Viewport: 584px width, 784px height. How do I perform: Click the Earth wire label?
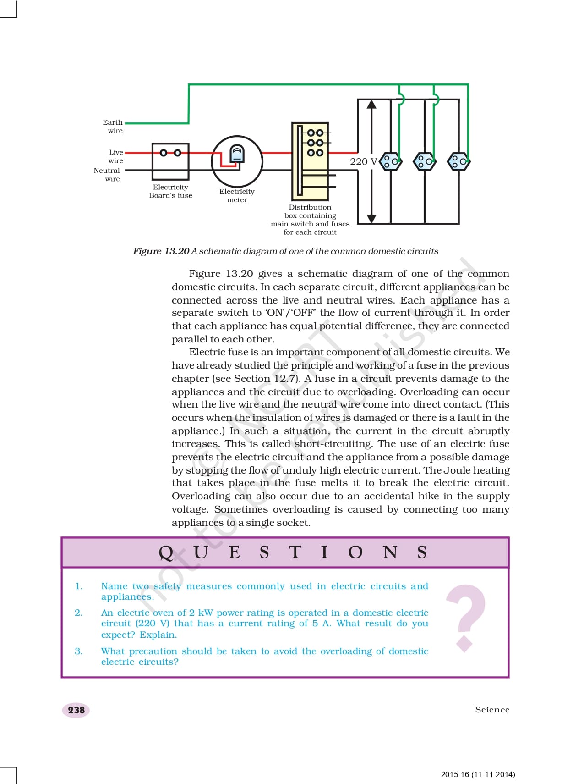[113, 126]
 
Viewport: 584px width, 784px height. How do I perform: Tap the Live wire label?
[115, 156]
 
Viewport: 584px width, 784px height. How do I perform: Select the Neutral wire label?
[107, 175]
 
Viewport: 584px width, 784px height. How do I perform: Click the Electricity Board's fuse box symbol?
[170, 161]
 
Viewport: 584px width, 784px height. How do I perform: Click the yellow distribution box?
[310, 161]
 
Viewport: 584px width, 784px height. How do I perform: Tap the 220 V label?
[363, 161]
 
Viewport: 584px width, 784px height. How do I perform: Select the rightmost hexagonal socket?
[458, 161]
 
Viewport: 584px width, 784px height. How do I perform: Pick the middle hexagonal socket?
[425, 161]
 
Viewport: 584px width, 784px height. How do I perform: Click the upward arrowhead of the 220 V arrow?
[371, 104]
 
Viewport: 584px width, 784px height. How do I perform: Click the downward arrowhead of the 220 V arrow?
[371, 219]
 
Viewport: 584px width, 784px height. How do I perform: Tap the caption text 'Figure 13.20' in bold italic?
[161, 251]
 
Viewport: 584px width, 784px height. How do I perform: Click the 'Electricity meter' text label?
[237, 196]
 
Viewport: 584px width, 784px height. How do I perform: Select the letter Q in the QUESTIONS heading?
[166, 552]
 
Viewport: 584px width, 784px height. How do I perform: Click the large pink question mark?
[466, 617]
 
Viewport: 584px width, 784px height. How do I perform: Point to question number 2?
[79, 613]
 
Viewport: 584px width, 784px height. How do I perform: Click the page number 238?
[76, 710]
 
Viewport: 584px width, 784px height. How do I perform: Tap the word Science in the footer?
[492, 710]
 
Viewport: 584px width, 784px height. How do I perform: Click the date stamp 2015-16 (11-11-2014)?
[478, 774]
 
